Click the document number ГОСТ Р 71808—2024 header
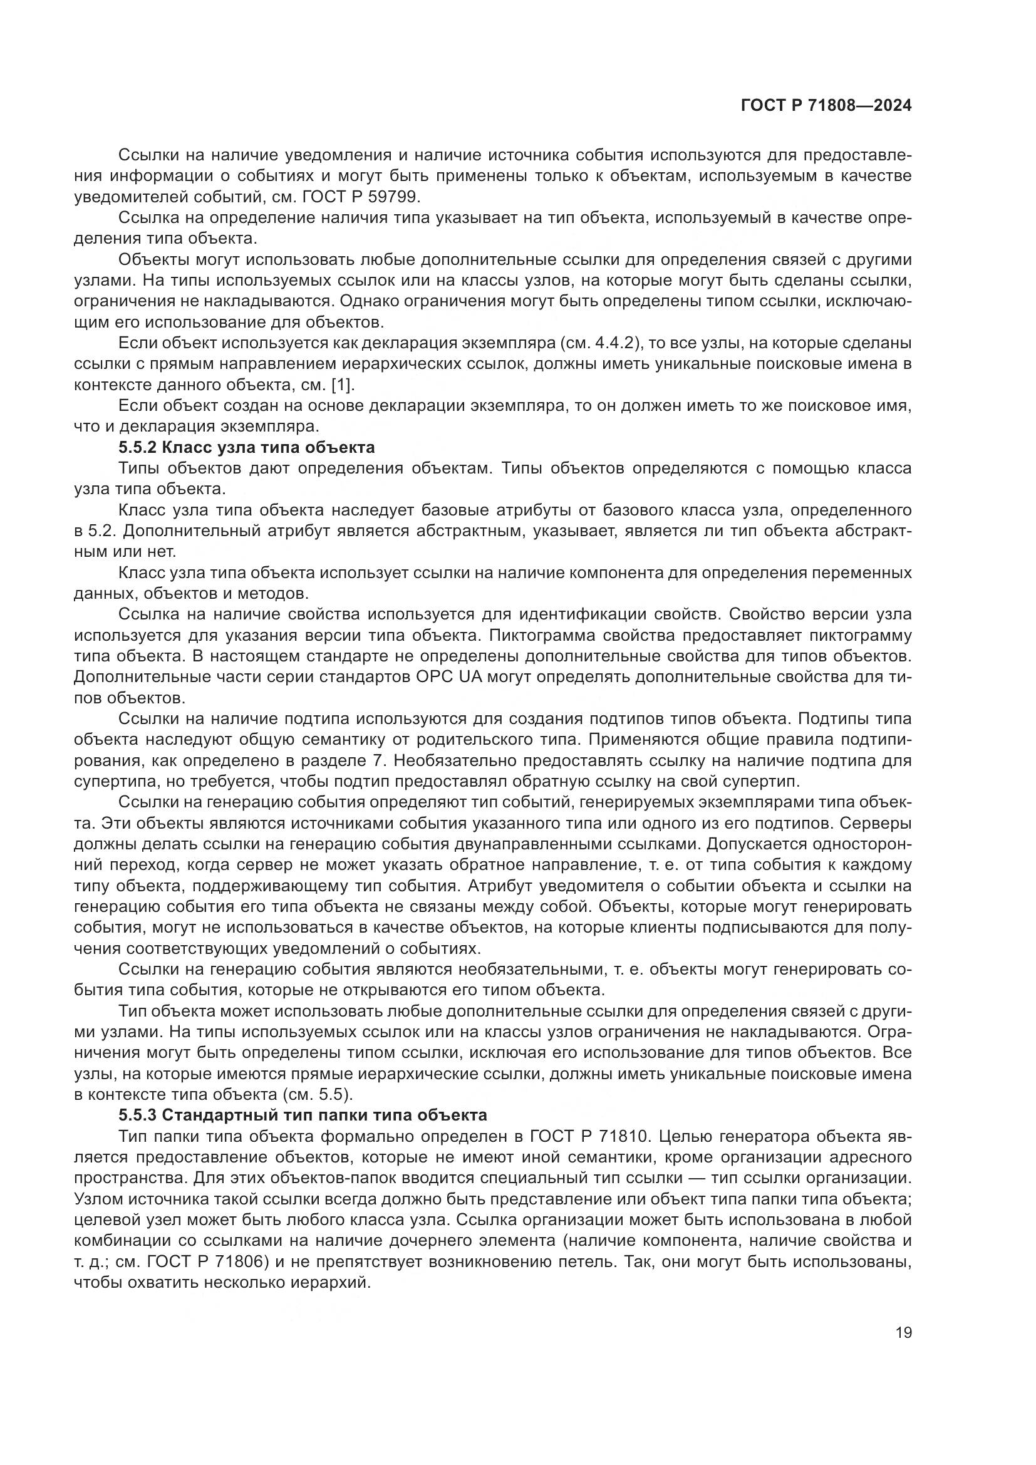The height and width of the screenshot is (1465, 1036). pyautogui.click(x=826, y=106)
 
